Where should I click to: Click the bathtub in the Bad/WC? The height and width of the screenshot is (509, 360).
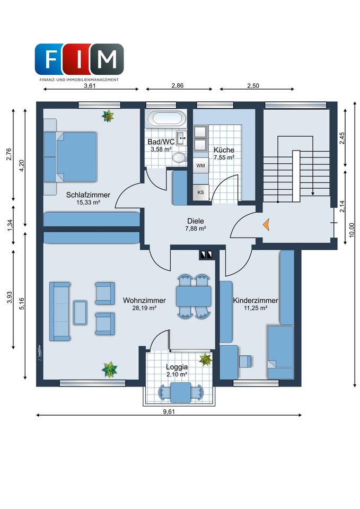click(166, 118)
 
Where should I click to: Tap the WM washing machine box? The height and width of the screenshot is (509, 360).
click(200, 165)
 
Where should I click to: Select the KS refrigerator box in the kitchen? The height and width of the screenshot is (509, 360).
click(200, 192)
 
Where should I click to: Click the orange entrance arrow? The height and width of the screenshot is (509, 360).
click(266, 225)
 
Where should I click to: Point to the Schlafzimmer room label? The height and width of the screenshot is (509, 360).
click(88, 195)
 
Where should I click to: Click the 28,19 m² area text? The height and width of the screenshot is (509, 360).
click(144, 308)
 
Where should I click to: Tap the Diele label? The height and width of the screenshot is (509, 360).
click(196, 221)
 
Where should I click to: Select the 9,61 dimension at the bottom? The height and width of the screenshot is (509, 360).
click(169, 411)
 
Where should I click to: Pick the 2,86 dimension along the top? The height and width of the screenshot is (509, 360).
click(177, 86)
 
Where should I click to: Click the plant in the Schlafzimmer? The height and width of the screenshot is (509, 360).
click(108, 116)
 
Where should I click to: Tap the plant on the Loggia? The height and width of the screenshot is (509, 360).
click(206, 359)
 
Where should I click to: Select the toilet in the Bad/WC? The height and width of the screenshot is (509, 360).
click(179, 158)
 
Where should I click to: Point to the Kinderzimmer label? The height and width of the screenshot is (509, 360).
click(256, 301)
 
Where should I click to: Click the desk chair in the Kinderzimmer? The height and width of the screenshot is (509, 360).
click(245, 361)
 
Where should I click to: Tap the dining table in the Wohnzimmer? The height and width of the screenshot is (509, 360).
click(194, 296)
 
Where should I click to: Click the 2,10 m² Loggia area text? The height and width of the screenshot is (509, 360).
click(177, 374)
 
